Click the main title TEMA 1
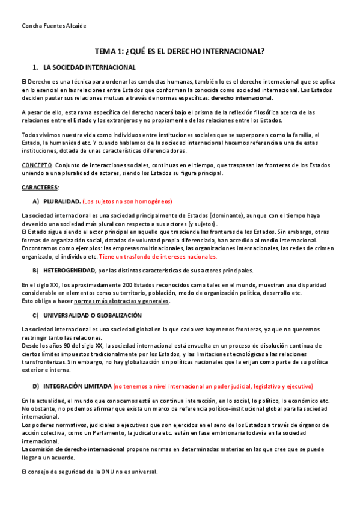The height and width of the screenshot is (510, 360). click(180, 52)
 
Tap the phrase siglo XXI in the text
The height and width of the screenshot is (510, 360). click(43, 284)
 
